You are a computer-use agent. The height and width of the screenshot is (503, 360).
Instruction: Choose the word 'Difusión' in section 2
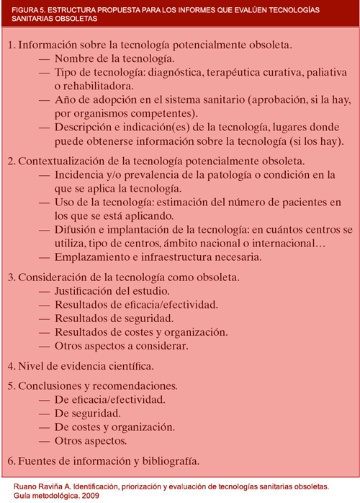click(77, 230)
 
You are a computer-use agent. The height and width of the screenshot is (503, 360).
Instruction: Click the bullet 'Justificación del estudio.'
click(112, 291)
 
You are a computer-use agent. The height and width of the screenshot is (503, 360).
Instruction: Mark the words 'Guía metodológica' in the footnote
click(51, 496)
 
